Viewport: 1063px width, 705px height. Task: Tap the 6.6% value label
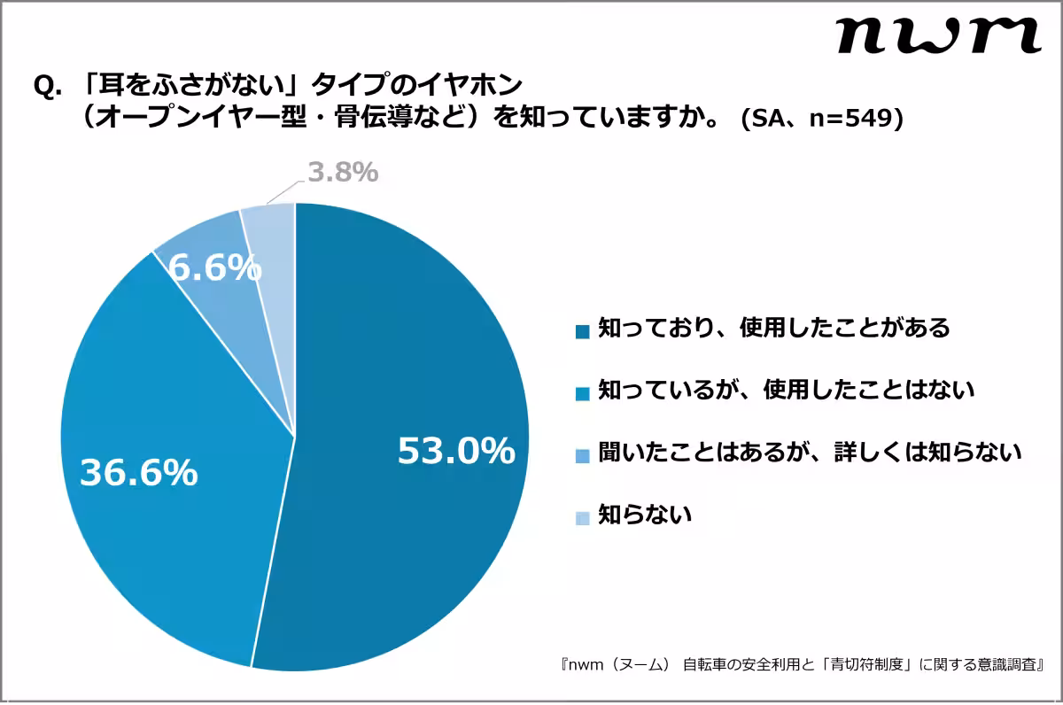215,267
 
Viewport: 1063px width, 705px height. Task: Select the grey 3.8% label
343,172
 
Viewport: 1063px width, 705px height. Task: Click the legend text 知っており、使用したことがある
774,329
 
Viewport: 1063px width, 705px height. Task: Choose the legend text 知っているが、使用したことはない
787,390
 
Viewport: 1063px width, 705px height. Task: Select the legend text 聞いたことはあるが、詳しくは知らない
811,453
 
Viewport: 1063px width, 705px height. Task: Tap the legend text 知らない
644,515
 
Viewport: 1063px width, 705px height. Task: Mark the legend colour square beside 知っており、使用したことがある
582,331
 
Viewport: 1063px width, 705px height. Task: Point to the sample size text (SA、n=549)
822,119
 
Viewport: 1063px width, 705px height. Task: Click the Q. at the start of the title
46,86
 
